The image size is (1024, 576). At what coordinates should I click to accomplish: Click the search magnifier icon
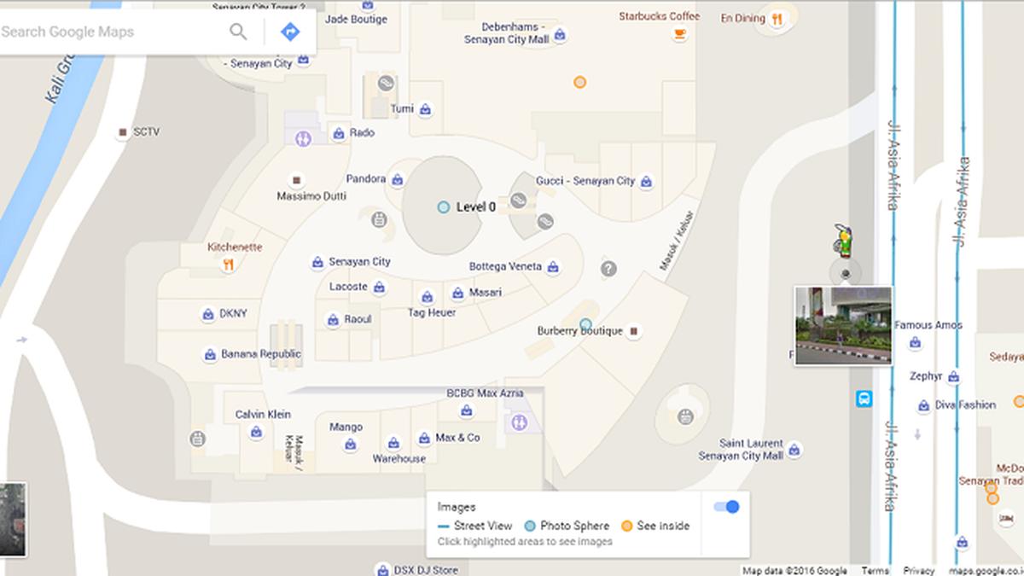(238, 32)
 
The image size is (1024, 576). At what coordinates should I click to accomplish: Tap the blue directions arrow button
(290, 32)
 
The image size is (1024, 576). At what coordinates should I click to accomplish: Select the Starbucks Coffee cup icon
(680, 34)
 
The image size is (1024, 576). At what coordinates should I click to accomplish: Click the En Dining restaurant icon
(777, 20)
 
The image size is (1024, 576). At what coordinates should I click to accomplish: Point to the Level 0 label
(475, 207)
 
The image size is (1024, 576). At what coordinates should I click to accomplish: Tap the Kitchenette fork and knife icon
(228, 265)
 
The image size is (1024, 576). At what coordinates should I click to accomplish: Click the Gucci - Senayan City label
(585, 181)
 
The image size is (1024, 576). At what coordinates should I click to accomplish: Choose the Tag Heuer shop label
(432, 312)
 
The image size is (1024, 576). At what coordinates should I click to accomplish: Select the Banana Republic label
(260, 354)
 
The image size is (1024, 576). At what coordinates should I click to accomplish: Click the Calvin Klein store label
(263, 415)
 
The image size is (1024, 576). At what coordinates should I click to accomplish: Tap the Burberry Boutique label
(579, 331)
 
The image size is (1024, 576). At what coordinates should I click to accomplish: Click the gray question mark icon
(608, 269)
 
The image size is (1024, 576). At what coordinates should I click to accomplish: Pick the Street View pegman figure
(844, 241)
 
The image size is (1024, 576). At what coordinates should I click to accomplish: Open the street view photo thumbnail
(843, 325)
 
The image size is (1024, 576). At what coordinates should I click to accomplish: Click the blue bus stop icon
(864, 399)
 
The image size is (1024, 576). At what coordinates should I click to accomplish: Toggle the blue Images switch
(726, 507)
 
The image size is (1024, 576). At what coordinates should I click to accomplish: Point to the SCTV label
(146, 132)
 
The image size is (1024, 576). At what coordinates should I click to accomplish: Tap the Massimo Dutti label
(311, 196)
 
